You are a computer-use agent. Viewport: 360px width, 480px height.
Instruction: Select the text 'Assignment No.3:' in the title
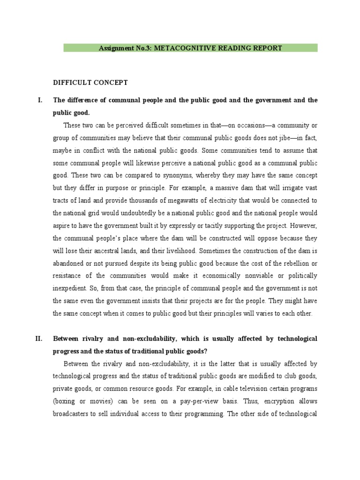[x=123, y=48]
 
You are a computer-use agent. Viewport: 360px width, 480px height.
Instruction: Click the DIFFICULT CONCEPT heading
[x=90, y=82]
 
